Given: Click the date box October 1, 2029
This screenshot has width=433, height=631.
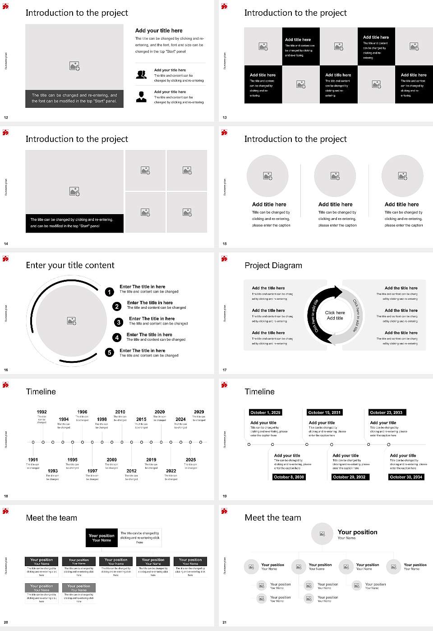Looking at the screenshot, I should click(265, 412).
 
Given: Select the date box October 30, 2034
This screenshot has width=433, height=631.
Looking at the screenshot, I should click(406, 477).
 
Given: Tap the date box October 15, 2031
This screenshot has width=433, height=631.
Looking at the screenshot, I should click(324, 412).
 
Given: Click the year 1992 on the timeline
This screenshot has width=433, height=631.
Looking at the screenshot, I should click(41, 412).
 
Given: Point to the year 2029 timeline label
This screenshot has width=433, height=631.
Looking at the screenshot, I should click(199, 412).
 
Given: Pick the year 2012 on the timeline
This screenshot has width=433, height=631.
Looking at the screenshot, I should click(131, 471).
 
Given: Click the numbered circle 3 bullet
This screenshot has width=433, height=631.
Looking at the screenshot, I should click(119, 322).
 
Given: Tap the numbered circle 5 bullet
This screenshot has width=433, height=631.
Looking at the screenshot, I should click(110, 352).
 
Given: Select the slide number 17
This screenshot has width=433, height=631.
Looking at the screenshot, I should click(225, 370).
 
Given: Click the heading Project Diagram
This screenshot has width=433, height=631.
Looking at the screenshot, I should click(273, 265).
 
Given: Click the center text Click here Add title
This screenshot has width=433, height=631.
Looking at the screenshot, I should click(335, 315).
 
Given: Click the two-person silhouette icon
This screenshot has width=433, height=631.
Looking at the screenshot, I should click(141, 75).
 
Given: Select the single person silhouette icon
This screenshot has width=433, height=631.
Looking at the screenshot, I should click(141, 96).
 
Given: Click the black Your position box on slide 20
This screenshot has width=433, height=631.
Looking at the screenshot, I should click(101, 538).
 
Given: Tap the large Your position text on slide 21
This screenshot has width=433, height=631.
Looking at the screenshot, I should click(357, 532).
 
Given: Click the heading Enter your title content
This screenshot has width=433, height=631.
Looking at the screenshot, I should click(70, 265).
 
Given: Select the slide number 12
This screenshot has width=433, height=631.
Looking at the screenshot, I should click(6, 118).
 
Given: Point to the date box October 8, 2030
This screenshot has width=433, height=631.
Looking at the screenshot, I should click(289, 477).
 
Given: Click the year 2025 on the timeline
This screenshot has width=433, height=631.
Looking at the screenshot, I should click(191, 460).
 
